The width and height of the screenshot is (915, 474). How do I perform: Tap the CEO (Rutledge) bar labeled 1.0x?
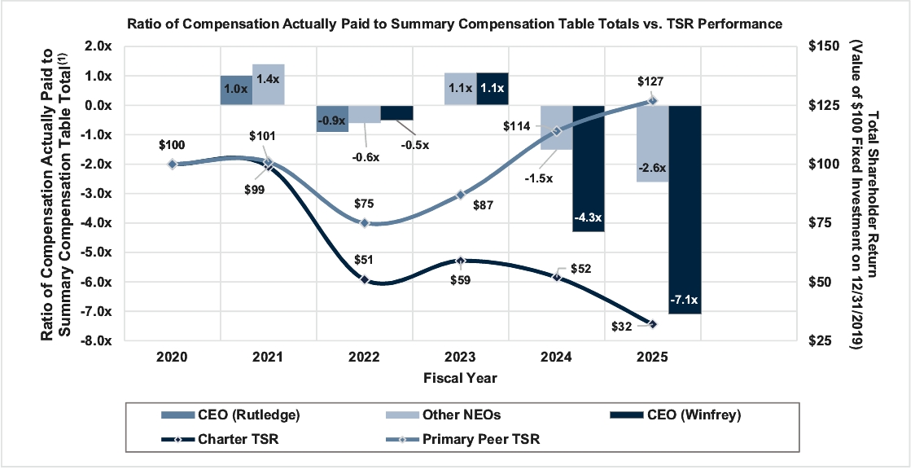click(x=236, y=90)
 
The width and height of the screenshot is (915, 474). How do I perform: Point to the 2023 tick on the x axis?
click(x=461, y=358)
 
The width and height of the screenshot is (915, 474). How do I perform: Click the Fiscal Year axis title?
click(x=460, y=378)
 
